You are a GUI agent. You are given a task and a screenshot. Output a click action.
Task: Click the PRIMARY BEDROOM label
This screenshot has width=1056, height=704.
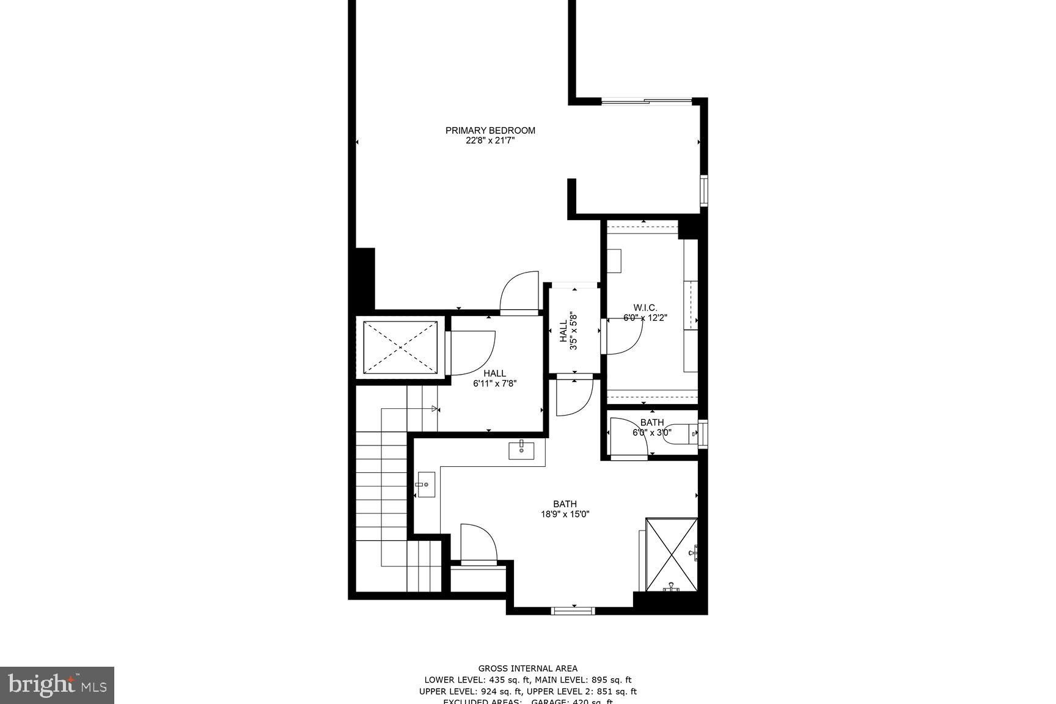(x=490, y=130)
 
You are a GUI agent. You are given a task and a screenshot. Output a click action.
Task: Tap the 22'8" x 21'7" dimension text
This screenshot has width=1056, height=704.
(x=490, y=141)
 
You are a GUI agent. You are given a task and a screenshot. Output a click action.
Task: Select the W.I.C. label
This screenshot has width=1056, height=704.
(x=645, y=307)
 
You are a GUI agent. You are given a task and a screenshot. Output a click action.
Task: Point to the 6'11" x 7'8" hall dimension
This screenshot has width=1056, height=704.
(x=495, y=384)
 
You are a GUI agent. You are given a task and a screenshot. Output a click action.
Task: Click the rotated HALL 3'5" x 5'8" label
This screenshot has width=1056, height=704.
(x=568, y=331)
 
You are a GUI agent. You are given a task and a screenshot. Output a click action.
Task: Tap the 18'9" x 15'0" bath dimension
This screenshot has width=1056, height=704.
(x=565, y=514)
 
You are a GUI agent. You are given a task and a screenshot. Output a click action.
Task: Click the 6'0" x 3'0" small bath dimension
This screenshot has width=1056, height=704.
(x=651, y=433)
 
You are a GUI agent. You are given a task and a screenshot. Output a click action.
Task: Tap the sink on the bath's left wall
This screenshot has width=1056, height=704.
(x=425, y=485)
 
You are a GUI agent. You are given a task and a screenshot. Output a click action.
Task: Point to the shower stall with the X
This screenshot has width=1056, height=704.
(x=672, y=554)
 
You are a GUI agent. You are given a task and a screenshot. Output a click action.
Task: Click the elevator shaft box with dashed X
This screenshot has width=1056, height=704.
(x=400, y=347)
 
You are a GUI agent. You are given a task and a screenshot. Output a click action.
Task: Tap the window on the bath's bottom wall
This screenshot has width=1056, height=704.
(x=573, y=610)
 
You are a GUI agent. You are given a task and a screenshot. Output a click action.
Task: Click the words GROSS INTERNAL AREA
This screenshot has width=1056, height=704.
(x=527, y=669)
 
